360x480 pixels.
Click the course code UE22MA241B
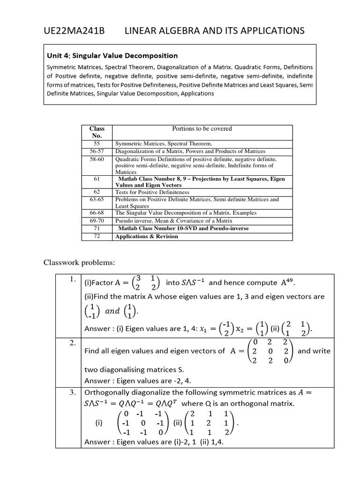(74, 31)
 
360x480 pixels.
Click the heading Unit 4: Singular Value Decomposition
(112, 56)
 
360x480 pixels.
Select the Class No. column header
(97, 132)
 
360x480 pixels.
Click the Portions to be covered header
(202, 128)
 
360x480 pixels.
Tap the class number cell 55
(97, 143)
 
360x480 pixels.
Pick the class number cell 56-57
(97, 151)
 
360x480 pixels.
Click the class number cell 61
(97, 179)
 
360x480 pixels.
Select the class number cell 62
(97, 192)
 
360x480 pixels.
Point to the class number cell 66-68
(97, 213)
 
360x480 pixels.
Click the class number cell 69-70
(97, 220)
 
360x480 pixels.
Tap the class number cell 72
(97, 236)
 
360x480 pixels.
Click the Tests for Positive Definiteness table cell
(152, 192)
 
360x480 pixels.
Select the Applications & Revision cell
(147, 237)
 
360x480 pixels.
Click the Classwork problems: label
(79, 262)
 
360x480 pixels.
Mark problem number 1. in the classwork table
(73, 279)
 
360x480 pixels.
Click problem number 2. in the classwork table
(73, 343)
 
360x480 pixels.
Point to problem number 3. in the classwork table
(73, 392)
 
